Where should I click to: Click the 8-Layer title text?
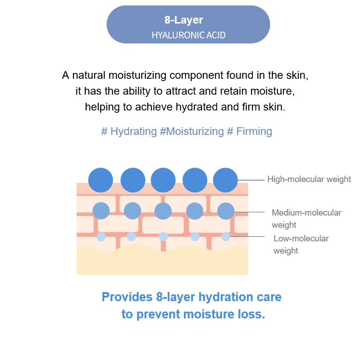point(183,20)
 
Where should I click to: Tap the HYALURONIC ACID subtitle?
point(188,35)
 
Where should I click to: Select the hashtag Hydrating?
point(128,131)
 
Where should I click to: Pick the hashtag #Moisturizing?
point(192,131)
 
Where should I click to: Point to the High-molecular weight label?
point(309,179)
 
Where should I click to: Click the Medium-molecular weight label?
point(306,218)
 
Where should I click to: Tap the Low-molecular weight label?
point(301,244)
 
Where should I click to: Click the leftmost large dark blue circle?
point(101,180)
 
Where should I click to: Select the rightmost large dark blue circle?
point(225,180)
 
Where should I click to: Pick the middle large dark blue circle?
point(163,180)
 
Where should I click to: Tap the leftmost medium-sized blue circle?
point(101,211)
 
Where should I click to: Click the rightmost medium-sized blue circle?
point(226,211)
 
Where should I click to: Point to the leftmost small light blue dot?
point(101,237)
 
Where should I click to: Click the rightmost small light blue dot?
point(226,236)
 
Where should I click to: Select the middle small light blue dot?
point(164,236)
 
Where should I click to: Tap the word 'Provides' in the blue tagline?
point(127,297)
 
